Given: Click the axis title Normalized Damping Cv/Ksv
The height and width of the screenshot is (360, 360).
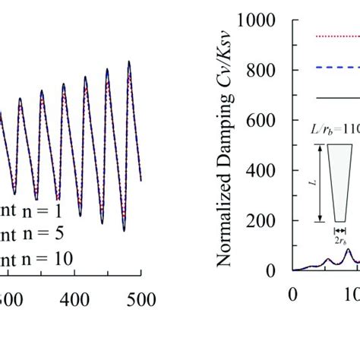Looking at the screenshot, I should tap(224, 144).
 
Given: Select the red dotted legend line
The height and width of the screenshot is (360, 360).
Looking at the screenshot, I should tap(337, 36).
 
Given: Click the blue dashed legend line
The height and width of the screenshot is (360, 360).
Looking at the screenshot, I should tap(337, 67).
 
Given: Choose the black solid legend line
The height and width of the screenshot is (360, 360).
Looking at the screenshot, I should tap(337, 97).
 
